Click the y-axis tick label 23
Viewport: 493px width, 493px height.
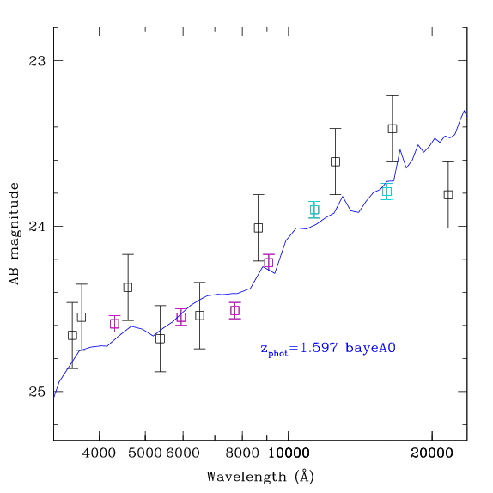tap(37, 61)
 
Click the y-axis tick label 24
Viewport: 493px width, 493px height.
tap(37, 226)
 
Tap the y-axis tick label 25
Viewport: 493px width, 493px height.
tap(37, 392)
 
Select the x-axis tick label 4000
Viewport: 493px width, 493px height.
tap(99, 453)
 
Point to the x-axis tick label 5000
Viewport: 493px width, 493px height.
tap(145, 453)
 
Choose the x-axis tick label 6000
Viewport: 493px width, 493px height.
tap(183, 453)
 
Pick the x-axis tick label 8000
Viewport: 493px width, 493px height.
tap(242, 453)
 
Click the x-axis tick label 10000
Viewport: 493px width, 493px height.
tap(289, 453)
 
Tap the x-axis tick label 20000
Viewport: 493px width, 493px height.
tap(432, 453)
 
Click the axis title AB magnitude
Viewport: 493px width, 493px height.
tap(15, 234)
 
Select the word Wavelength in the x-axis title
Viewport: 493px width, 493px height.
tap(246, 477)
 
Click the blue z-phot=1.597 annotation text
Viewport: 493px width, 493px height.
tap(328, 349)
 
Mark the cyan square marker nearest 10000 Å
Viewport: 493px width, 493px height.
tap(314, 210)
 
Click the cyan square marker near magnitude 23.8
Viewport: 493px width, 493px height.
tap(387, 192)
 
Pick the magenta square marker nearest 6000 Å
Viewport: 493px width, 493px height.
tap(181, 317)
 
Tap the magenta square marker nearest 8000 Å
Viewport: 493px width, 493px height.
tap(235, 311)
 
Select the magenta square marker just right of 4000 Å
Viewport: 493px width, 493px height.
tap(114, 324)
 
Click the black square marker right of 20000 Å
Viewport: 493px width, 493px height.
tap(448, 195)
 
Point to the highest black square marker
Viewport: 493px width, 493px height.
tap(393, 129)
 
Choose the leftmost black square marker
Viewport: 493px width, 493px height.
tap(72, 336)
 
